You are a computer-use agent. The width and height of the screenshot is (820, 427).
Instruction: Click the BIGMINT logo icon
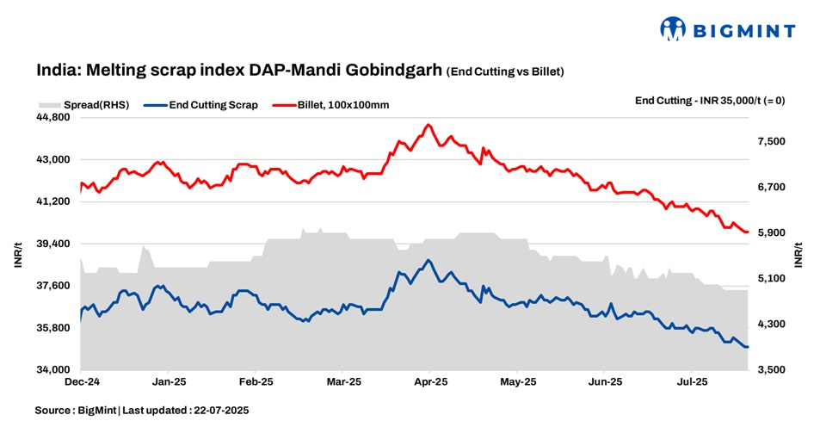click(x=673, y=29)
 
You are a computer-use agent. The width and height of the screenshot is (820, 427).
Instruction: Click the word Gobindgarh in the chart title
click(x=395, y=71)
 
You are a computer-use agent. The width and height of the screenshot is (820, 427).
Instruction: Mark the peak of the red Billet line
click(x=428, y=125)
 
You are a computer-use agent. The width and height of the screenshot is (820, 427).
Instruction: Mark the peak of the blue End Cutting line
click(x=428, y=260)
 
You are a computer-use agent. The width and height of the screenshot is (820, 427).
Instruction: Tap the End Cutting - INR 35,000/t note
click(x=709, y=100)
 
